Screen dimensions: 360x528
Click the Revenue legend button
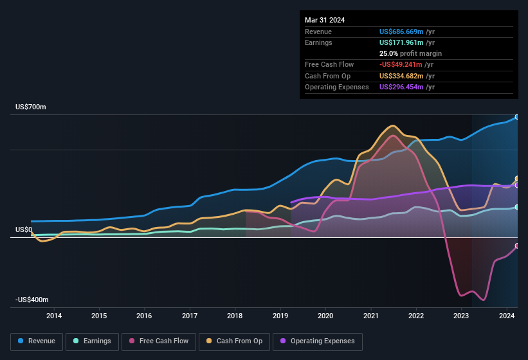(x=37, y=341)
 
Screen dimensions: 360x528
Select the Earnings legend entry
(x=92, y=341)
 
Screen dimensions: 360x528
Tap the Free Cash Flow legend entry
(x=158, y=341)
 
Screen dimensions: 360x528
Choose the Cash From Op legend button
(x=235, y=341)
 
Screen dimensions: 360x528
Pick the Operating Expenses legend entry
(x=318, y=341)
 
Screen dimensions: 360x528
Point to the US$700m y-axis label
(x=31, y=107)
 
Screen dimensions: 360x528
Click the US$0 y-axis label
(x=24, y=230)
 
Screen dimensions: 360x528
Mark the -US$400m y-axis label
(x=32, y=300)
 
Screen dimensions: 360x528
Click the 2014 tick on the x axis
(x=54, y=316)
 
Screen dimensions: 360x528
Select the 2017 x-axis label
(x=190, y=316)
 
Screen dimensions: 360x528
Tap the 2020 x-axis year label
(x=325, y=316)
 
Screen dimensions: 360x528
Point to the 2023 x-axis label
(x=461, y=316)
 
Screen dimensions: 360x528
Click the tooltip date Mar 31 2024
(x=325, y=20)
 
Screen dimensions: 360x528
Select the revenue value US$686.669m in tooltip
(x=402, y=32)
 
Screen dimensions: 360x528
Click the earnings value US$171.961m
(x=402, y=42)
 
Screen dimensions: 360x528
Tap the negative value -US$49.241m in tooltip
(x=401, y=64)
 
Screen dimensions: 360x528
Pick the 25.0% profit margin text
(x=410, y=53)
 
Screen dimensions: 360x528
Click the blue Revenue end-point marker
(x=517, y=117)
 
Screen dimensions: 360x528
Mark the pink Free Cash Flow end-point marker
(x=517, y=246)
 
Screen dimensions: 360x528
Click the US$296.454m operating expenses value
(x=402, y=87)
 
